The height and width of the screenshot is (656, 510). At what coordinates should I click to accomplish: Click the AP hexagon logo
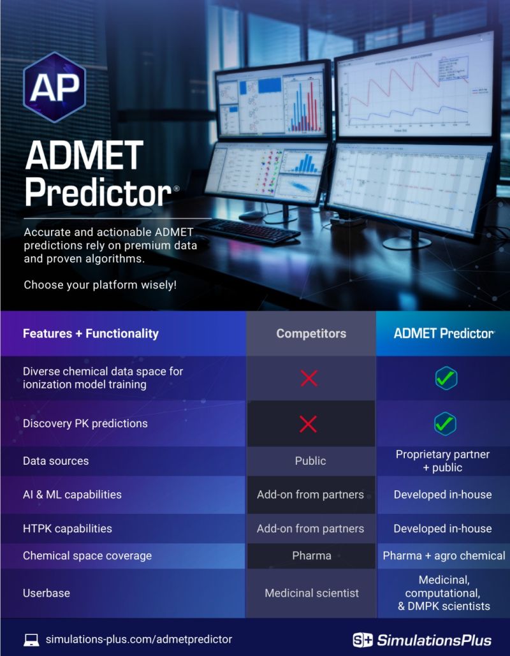point(54,87)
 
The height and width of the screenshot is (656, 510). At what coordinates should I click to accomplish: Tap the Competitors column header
point(311,333)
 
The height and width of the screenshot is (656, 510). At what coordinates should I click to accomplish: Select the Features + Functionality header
point(91,333)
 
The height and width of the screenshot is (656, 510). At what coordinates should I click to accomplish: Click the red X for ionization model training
point(309,378)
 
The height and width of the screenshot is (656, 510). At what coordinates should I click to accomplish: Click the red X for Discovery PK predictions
point(309,424)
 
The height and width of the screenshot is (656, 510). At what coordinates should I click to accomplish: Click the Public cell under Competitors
point(310,461)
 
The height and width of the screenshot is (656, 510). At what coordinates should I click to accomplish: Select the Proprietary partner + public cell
point(442,461)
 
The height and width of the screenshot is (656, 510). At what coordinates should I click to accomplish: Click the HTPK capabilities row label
point(68,528)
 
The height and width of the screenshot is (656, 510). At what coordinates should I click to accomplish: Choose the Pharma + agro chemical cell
point(444,555)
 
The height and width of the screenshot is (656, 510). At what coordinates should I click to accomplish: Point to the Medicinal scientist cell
point(312,593)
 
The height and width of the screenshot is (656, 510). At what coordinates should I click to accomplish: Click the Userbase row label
point(47,593)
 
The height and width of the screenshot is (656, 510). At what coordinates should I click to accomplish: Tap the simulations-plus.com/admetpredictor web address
point(139,639)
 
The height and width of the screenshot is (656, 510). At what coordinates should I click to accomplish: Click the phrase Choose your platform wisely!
point(100,285)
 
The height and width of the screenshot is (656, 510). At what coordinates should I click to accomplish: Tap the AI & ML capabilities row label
point(72,494)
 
